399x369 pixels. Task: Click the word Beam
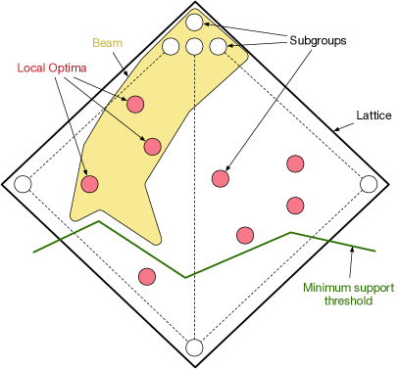click(107, 43)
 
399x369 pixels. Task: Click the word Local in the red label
click(32, 69)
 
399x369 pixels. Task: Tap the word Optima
click(68, 69)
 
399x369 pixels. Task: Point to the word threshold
click(348, 301)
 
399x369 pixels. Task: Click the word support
click(374, 288)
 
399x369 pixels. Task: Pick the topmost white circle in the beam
click(194, 23)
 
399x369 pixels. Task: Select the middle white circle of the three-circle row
click(194, 46)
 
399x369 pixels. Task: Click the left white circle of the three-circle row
click(171, 46)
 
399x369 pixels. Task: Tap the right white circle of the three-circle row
click(218, 46)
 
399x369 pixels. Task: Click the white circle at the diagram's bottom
click(194, 347)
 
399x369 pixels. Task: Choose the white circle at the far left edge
click(23, 184)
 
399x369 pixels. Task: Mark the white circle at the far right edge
click(369, 184)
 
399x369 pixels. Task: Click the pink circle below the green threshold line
click(147, 276)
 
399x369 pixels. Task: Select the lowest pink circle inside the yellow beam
click(89, 184)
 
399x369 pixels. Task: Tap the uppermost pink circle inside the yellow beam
click(135, 105)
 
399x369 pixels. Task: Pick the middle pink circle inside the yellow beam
click(152, 147)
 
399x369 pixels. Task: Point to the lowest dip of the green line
click(185, 278)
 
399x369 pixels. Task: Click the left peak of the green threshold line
click(98, 221)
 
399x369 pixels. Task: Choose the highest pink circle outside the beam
click(295, 163)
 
